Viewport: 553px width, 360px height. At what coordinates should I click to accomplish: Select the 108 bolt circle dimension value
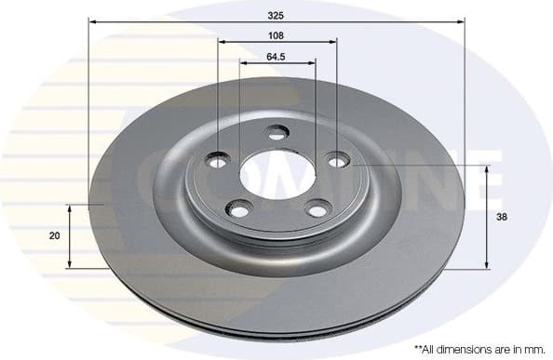click(276, 34)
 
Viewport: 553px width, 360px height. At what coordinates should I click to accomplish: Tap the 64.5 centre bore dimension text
click(276, 57)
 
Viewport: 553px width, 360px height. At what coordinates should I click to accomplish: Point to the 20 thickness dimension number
click(54, 235)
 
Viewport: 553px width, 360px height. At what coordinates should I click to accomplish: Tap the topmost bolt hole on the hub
click(276, 132)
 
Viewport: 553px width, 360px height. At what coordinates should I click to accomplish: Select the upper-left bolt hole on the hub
click(218, 160)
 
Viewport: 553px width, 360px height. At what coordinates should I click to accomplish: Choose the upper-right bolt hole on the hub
click(335, 159)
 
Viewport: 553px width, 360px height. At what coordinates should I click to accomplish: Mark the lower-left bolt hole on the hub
click(239, 211)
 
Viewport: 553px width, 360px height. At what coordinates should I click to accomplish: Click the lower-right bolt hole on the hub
click(317, 210)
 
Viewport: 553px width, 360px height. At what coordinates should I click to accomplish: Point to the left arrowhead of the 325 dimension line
click(93, 20)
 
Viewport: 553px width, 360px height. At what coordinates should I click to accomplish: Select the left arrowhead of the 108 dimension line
click(223, 42)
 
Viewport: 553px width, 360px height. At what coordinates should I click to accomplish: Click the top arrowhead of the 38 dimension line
click(485, 169)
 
